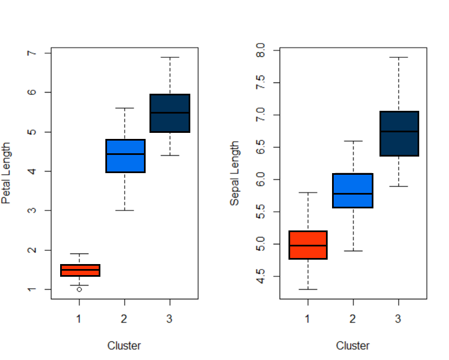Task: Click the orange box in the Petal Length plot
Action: (80, 270)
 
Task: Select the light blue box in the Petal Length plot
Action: (125, 156)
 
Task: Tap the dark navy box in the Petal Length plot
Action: (170, 113)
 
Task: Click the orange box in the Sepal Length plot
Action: (308, 245)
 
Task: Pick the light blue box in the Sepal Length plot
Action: (352, 190)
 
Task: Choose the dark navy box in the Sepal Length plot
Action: (398, 133)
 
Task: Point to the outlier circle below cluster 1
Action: (79, 289)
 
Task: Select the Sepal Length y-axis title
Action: (235, 173)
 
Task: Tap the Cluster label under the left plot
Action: (124, 346)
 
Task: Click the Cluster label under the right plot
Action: (352, 346)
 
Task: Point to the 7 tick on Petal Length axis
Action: (32, 53)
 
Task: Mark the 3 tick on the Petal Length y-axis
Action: (32, 211)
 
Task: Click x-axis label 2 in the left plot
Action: (124, 318)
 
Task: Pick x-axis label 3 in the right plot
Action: (398, 318)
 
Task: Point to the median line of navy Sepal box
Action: (398, 131)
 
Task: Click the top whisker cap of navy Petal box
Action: (170, 57)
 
